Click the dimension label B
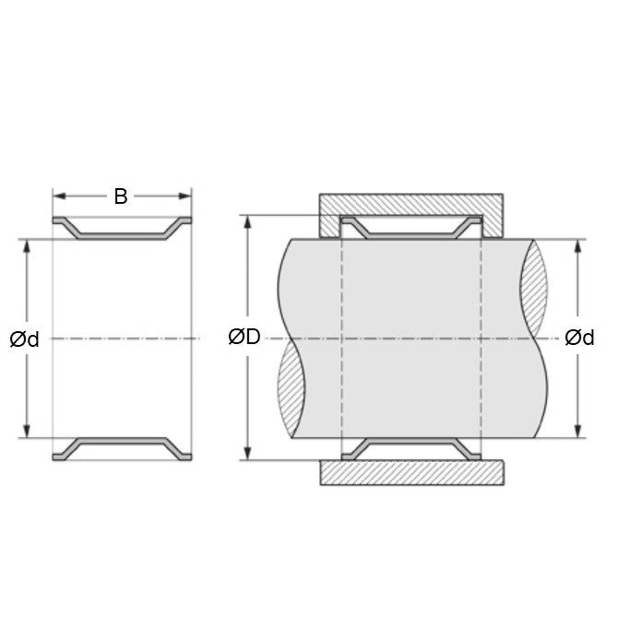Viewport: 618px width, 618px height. click(x=121, y=196)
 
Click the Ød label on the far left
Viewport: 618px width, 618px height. click(x=25, y=339)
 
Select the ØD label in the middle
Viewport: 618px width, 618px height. click(x=244, y=338)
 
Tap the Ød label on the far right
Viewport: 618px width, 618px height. click(x=578, y=338)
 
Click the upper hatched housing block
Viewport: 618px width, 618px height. click(x=411, y=204)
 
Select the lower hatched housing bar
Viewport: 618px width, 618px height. click(x=411, y=472)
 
